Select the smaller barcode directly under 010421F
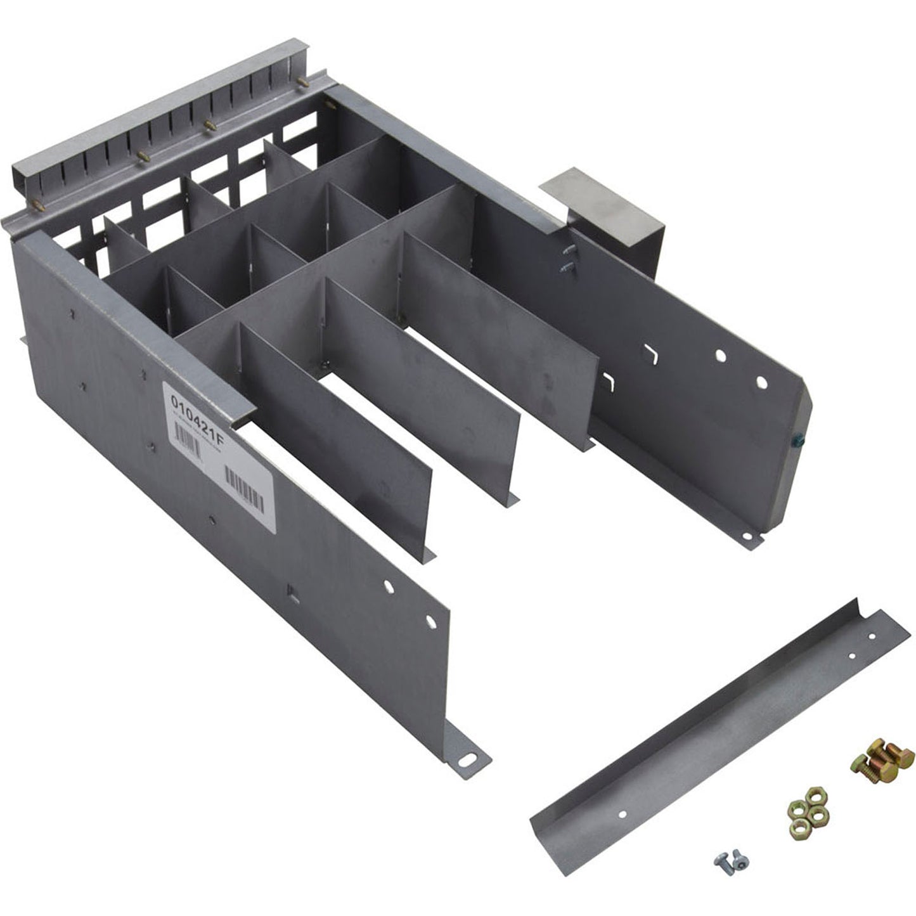coord(188,439)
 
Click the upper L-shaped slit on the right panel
coord(649,352)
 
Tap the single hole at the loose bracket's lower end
coord(622,814)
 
